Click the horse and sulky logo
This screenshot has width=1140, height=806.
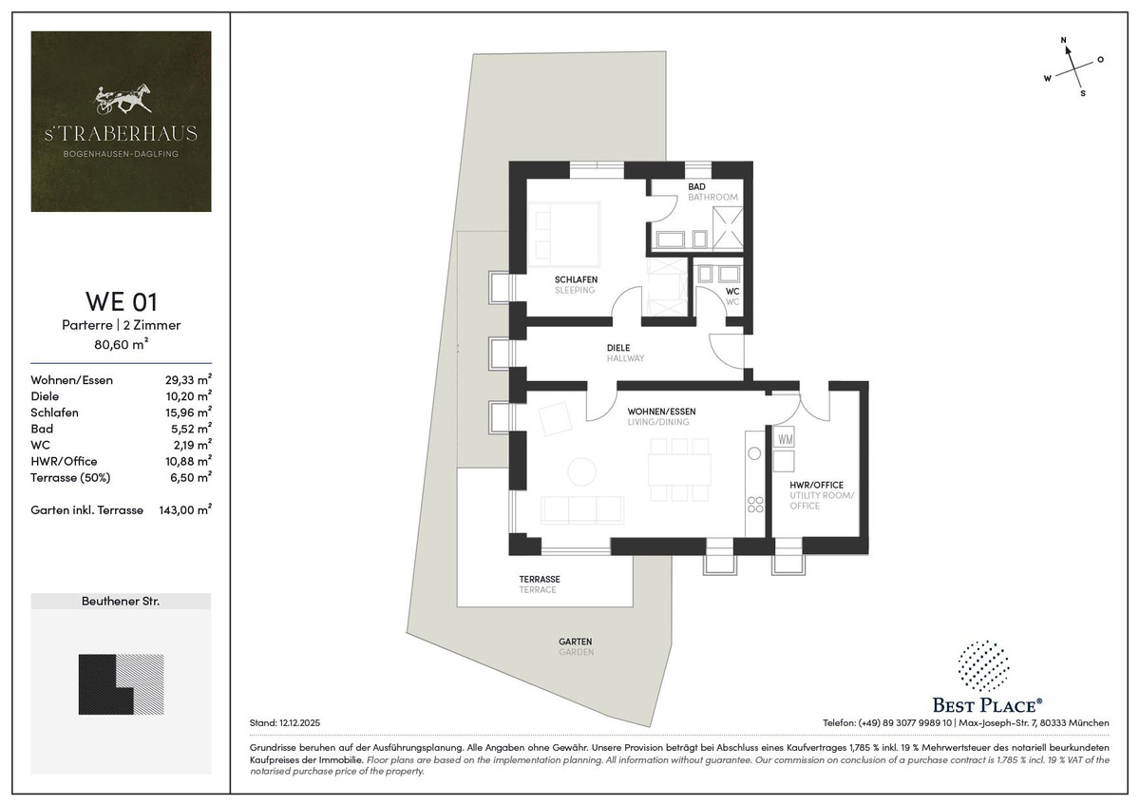click(122, 98)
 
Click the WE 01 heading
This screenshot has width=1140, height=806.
click(122, 301)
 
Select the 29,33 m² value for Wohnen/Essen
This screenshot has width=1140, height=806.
click(188, 379)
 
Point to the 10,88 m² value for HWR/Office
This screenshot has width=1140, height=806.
click(188, 461)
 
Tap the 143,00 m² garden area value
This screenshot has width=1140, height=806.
click(185, 509)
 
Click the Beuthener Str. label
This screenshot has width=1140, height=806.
click(121, 602)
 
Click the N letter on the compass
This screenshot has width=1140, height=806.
click(1063, 40)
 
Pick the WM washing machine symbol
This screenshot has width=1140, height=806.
click(785, 439)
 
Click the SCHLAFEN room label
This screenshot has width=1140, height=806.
click(576, 279)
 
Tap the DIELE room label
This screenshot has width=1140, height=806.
click(618, 348)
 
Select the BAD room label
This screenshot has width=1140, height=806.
click(696, 187)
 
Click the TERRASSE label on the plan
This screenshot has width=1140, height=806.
click(540, 580)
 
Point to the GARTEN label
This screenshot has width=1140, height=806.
click(576, 643)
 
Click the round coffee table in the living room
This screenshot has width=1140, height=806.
click(581, 471)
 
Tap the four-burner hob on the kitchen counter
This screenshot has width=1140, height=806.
click(754, 504)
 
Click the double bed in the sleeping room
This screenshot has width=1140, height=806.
click(564, 234)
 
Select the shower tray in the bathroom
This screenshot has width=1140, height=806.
click(728, 230)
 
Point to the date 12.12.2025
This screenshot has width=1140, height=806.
click(300, 723)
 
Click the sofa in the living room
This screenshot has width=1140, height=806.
click(582, 510)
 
